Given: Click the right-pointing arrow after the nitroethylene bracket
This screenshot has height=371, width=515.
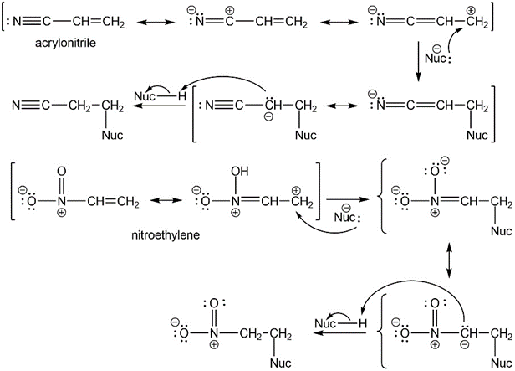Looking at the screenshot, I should [354, 200].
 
